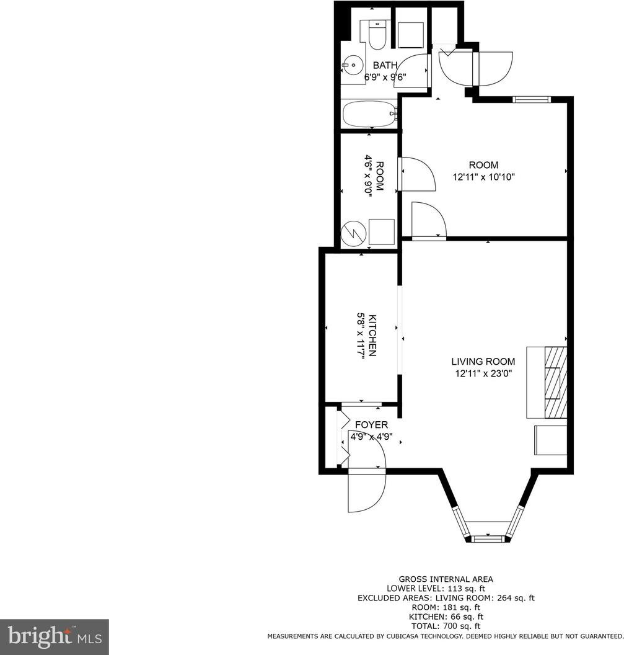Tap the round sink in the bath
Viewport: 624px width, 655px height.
coord(353,65)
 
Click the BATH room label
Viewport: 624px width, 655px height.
coord(385,65)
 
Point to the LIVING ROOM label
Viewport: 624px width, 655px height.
coord(483,362)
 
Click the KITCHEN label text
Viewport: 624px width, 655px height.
coord(373,335)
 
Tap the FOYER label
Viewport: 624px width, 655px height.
coord(371,425)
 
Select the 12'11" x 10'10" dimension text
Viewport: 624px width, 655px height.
coord(484,177)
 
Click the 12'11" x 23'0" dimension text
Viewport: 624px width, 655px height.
coord(483,373)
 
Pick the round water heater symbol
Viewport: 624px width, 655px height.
coord(354,233)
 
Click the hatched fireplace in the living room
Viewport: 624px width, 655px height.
coord(556,382)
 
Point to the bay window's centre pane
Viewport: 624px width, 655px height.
coord(488,537)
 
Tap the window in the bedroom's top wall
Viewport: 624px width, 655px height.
coord(531,99)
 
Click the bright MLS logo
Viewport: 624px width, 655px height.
coord(55,636)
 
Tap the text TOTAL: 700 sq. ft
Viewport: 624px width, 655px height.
coord(446,626)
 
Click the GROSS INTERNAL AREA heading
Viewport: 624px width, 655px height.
coord(446,579)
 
